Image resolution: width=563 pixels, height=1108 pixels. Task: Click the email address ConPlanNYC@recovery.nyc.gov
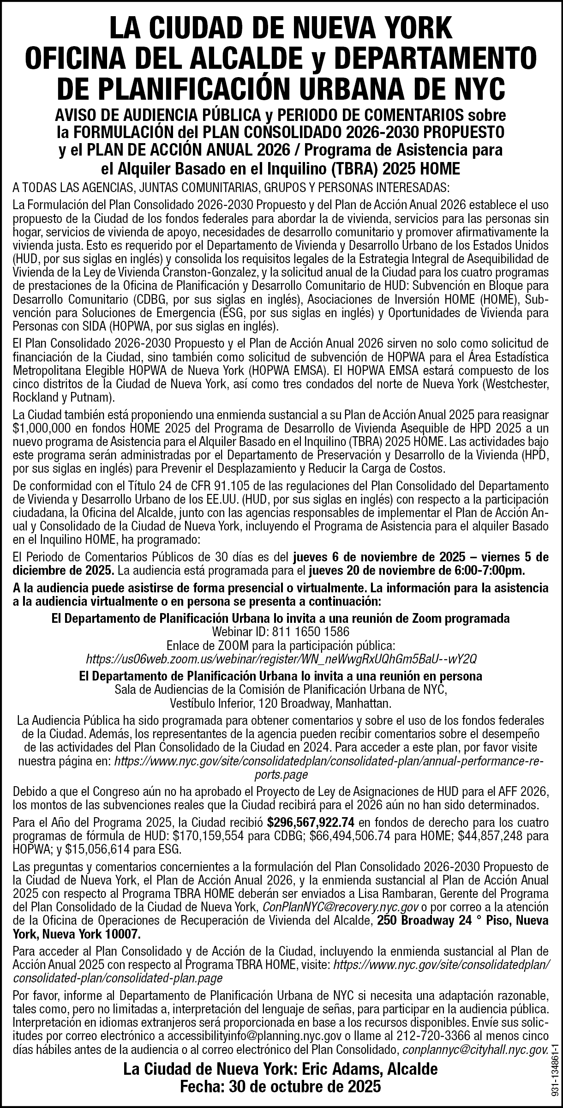(x=340, y=906)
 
